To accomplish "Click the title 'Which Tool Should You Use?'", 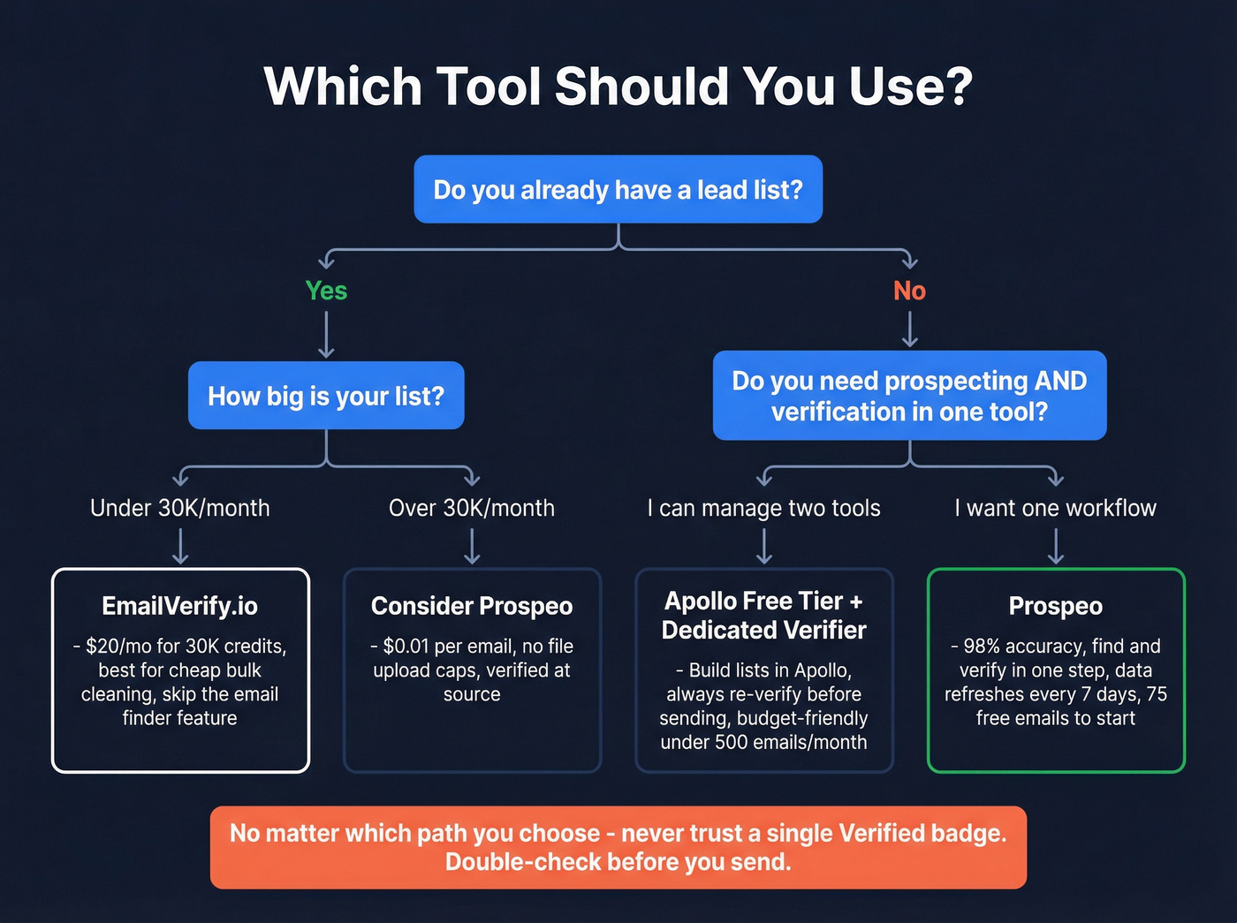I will click(618, 87).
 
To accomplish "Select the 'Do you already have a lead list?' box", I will click(618, 190).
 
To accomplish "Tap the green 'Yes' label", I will click(326, 291).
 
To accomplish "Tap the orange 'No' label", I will click(909, 291).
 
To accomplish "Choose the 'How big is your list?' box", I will click(326, 396).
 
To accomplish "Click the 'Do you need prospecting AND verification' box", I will click(909, 396).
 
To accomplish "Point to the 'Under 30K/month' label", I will click(180, 508).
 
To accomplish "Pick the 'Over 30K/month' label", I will click(472, 508).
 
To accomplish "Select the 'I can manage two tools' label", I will click(764, 508).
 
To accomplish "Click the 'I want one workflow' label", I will click(1055, 508).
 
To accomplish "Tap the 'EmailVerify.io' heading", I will click(180, 606).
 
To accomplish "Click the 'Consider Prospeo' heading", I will click(472, 606).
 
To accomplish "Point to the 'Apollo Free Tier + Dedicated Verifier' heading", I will click(764, 616).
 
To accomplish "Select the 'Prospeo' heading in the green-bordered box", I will click(1055, 606).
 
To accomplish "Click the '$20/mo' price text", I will click(118, 647).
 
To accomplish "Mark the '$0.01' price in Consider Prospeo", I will click(406, 647).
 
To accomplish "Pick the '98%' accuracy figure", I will click(981, 647).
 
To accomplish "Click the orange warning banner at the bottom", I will click(618, 847).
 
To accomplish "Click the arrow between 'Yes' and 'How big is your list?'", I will click(326, 335).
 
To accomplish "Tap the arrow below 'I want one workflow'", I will click(1055, 546).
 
